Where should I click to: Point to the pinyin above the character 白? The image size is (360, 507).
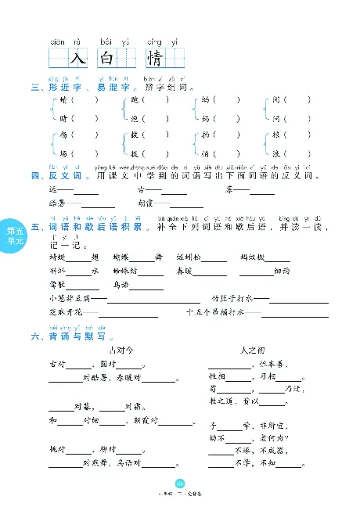[x=108, y=41]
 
